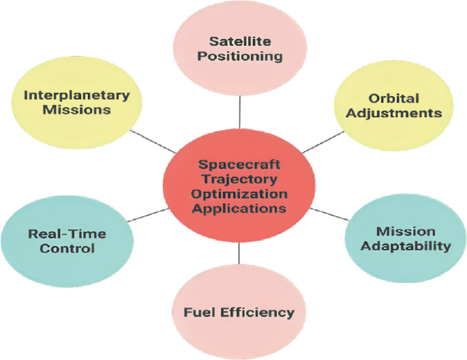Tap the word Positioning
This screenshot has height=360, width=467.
(x=239, y=57)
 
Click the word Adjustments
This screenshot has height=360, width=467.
(x=393, y=112)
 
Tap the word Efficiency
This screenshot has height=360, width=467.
(x=257, y=313)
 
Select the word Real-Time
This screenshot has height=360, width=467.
(x=67, y=234)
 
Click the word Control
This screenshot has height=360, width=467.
(x=67, y=248)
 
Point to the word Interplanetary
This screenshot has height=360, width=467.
(x=76, y=95)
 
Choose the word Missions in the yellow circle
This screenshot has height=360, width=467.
(x=76, y=110)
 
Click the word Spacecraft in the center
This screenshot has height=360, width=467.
(x=239, y=165)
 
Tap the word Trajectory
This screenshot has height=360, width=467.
(x=239, y=179)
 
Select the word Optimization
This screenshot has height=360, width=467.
(x=239, y=194)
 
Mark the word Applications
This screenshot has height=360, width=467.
(x=239, y=209)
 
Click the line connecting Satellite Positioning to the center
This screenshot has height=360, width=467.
(x=239, y=113)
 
